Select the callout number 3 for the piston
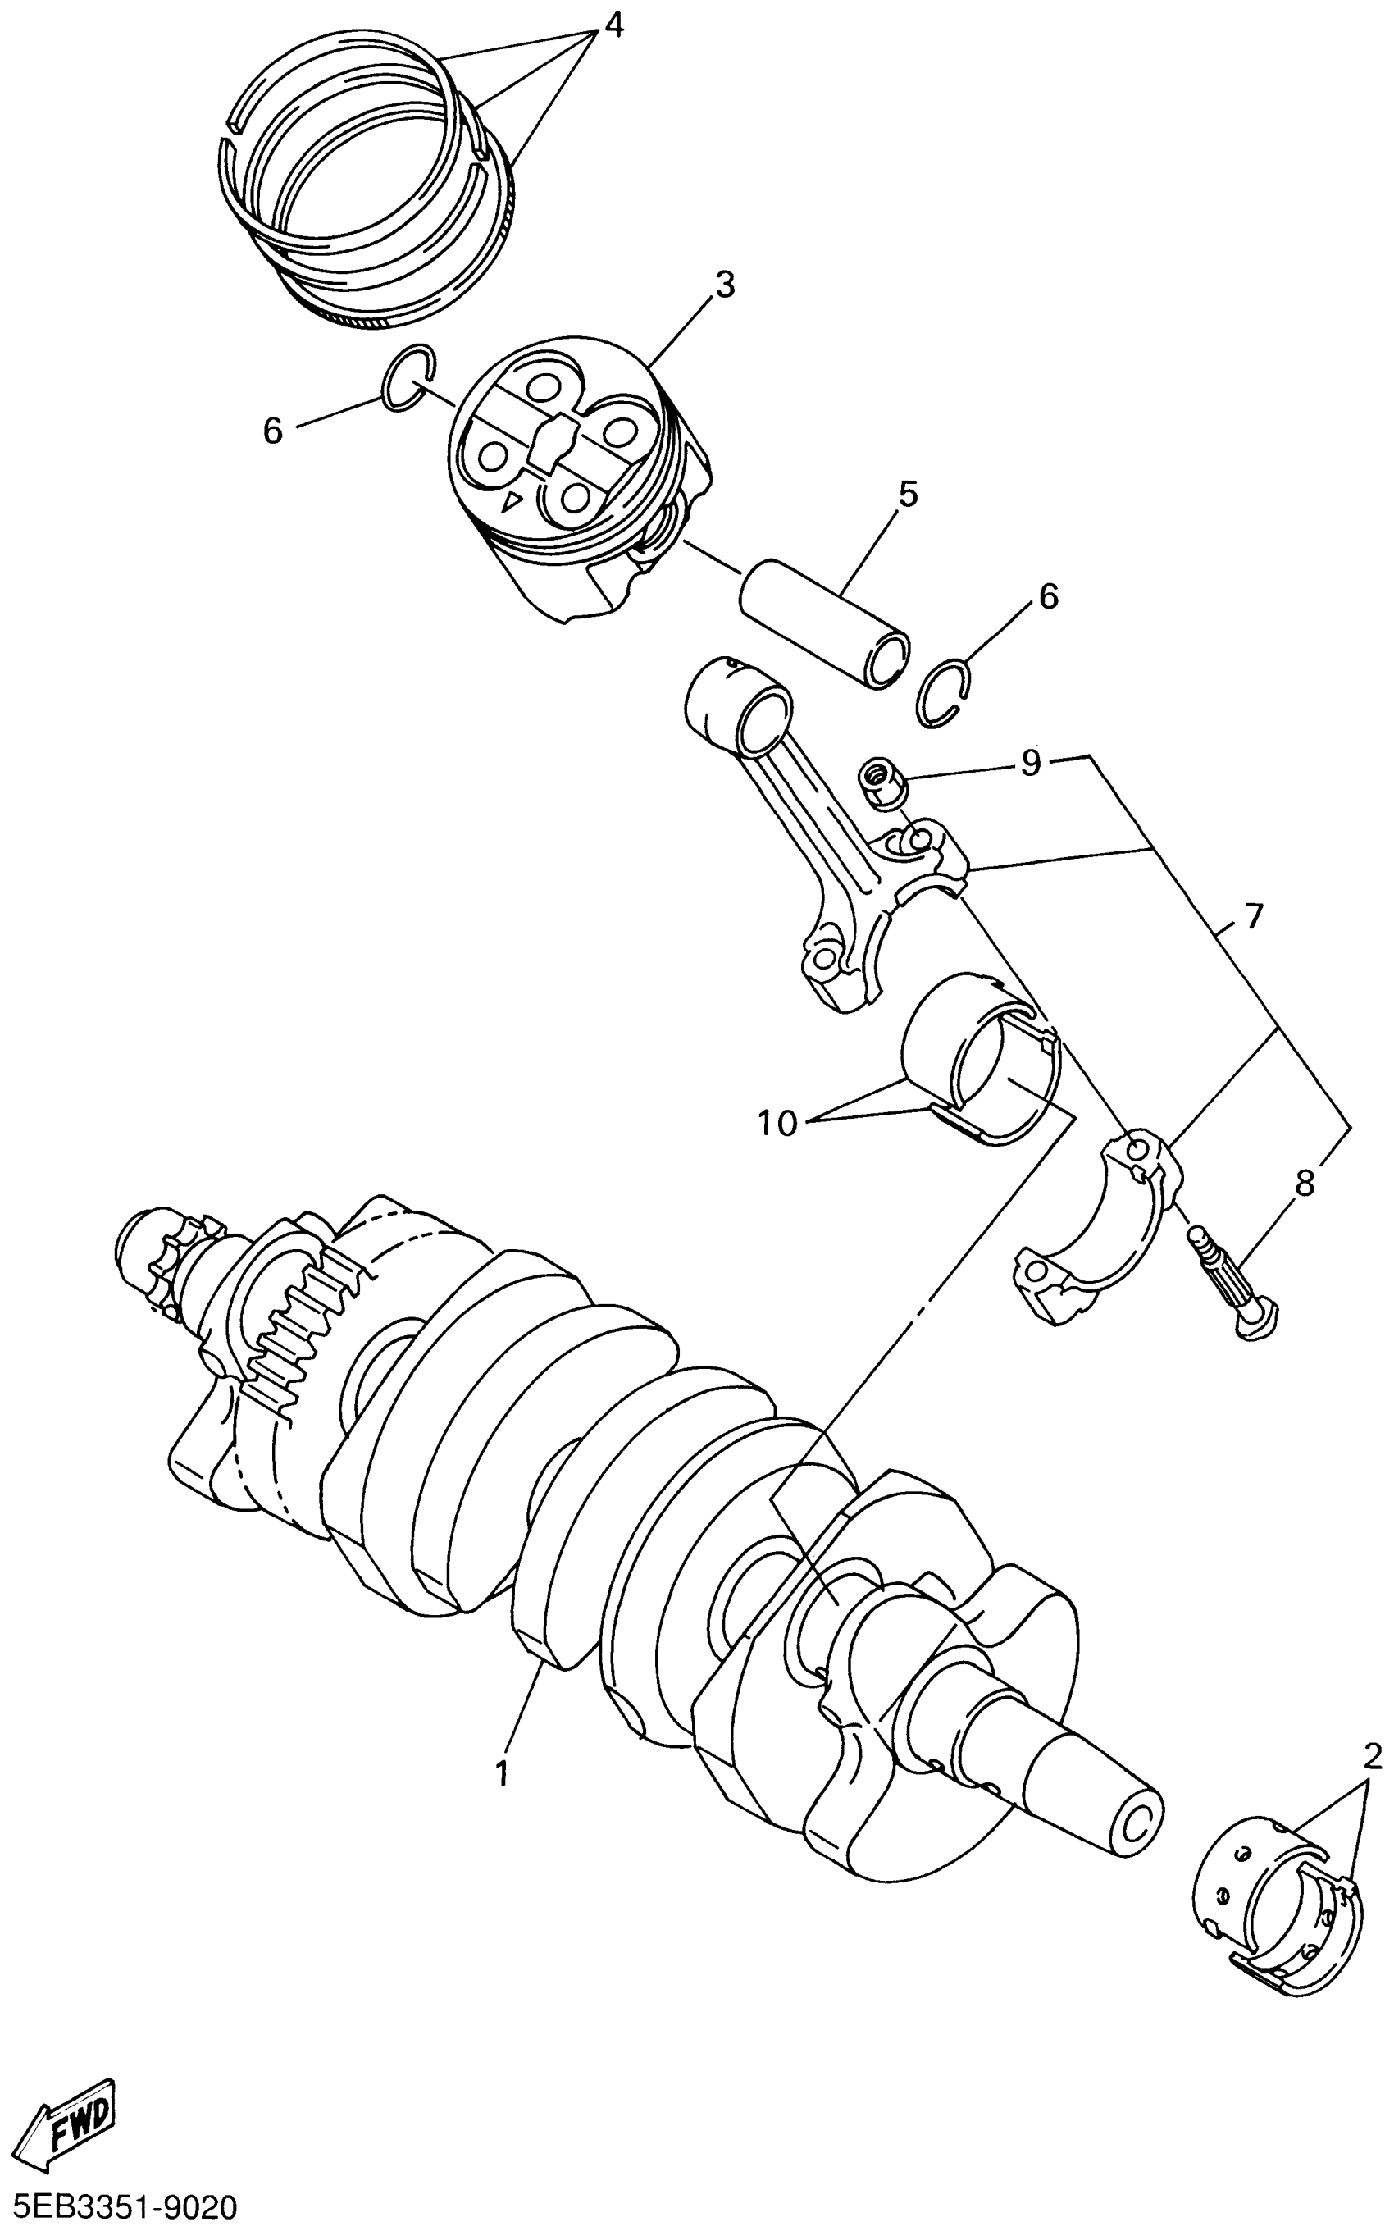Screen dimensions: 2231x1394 [x=725, y=285]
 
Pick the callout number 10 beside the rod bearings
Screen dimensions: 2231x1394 [x=778, y=1124]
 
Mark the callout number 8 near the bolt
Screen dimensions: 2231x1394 [x=1305, y=1184]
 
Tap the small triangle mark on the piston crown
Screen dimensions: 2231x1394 [x=511, y=503]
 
